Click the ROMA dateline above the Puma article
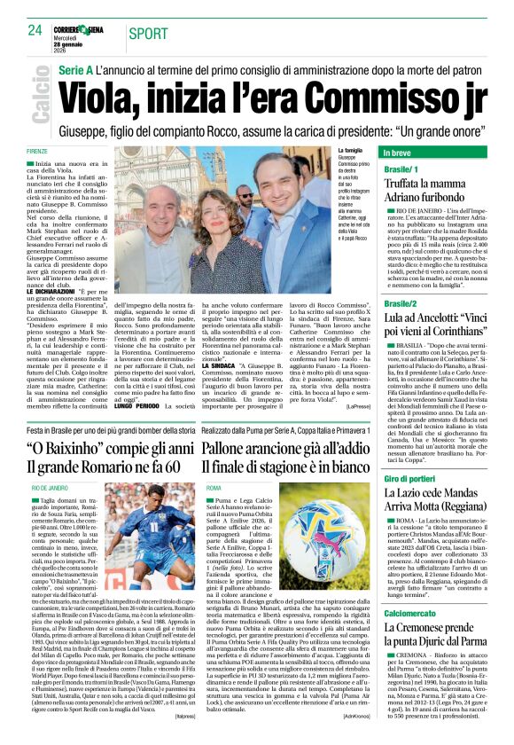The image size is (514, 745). pos(214,488)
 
